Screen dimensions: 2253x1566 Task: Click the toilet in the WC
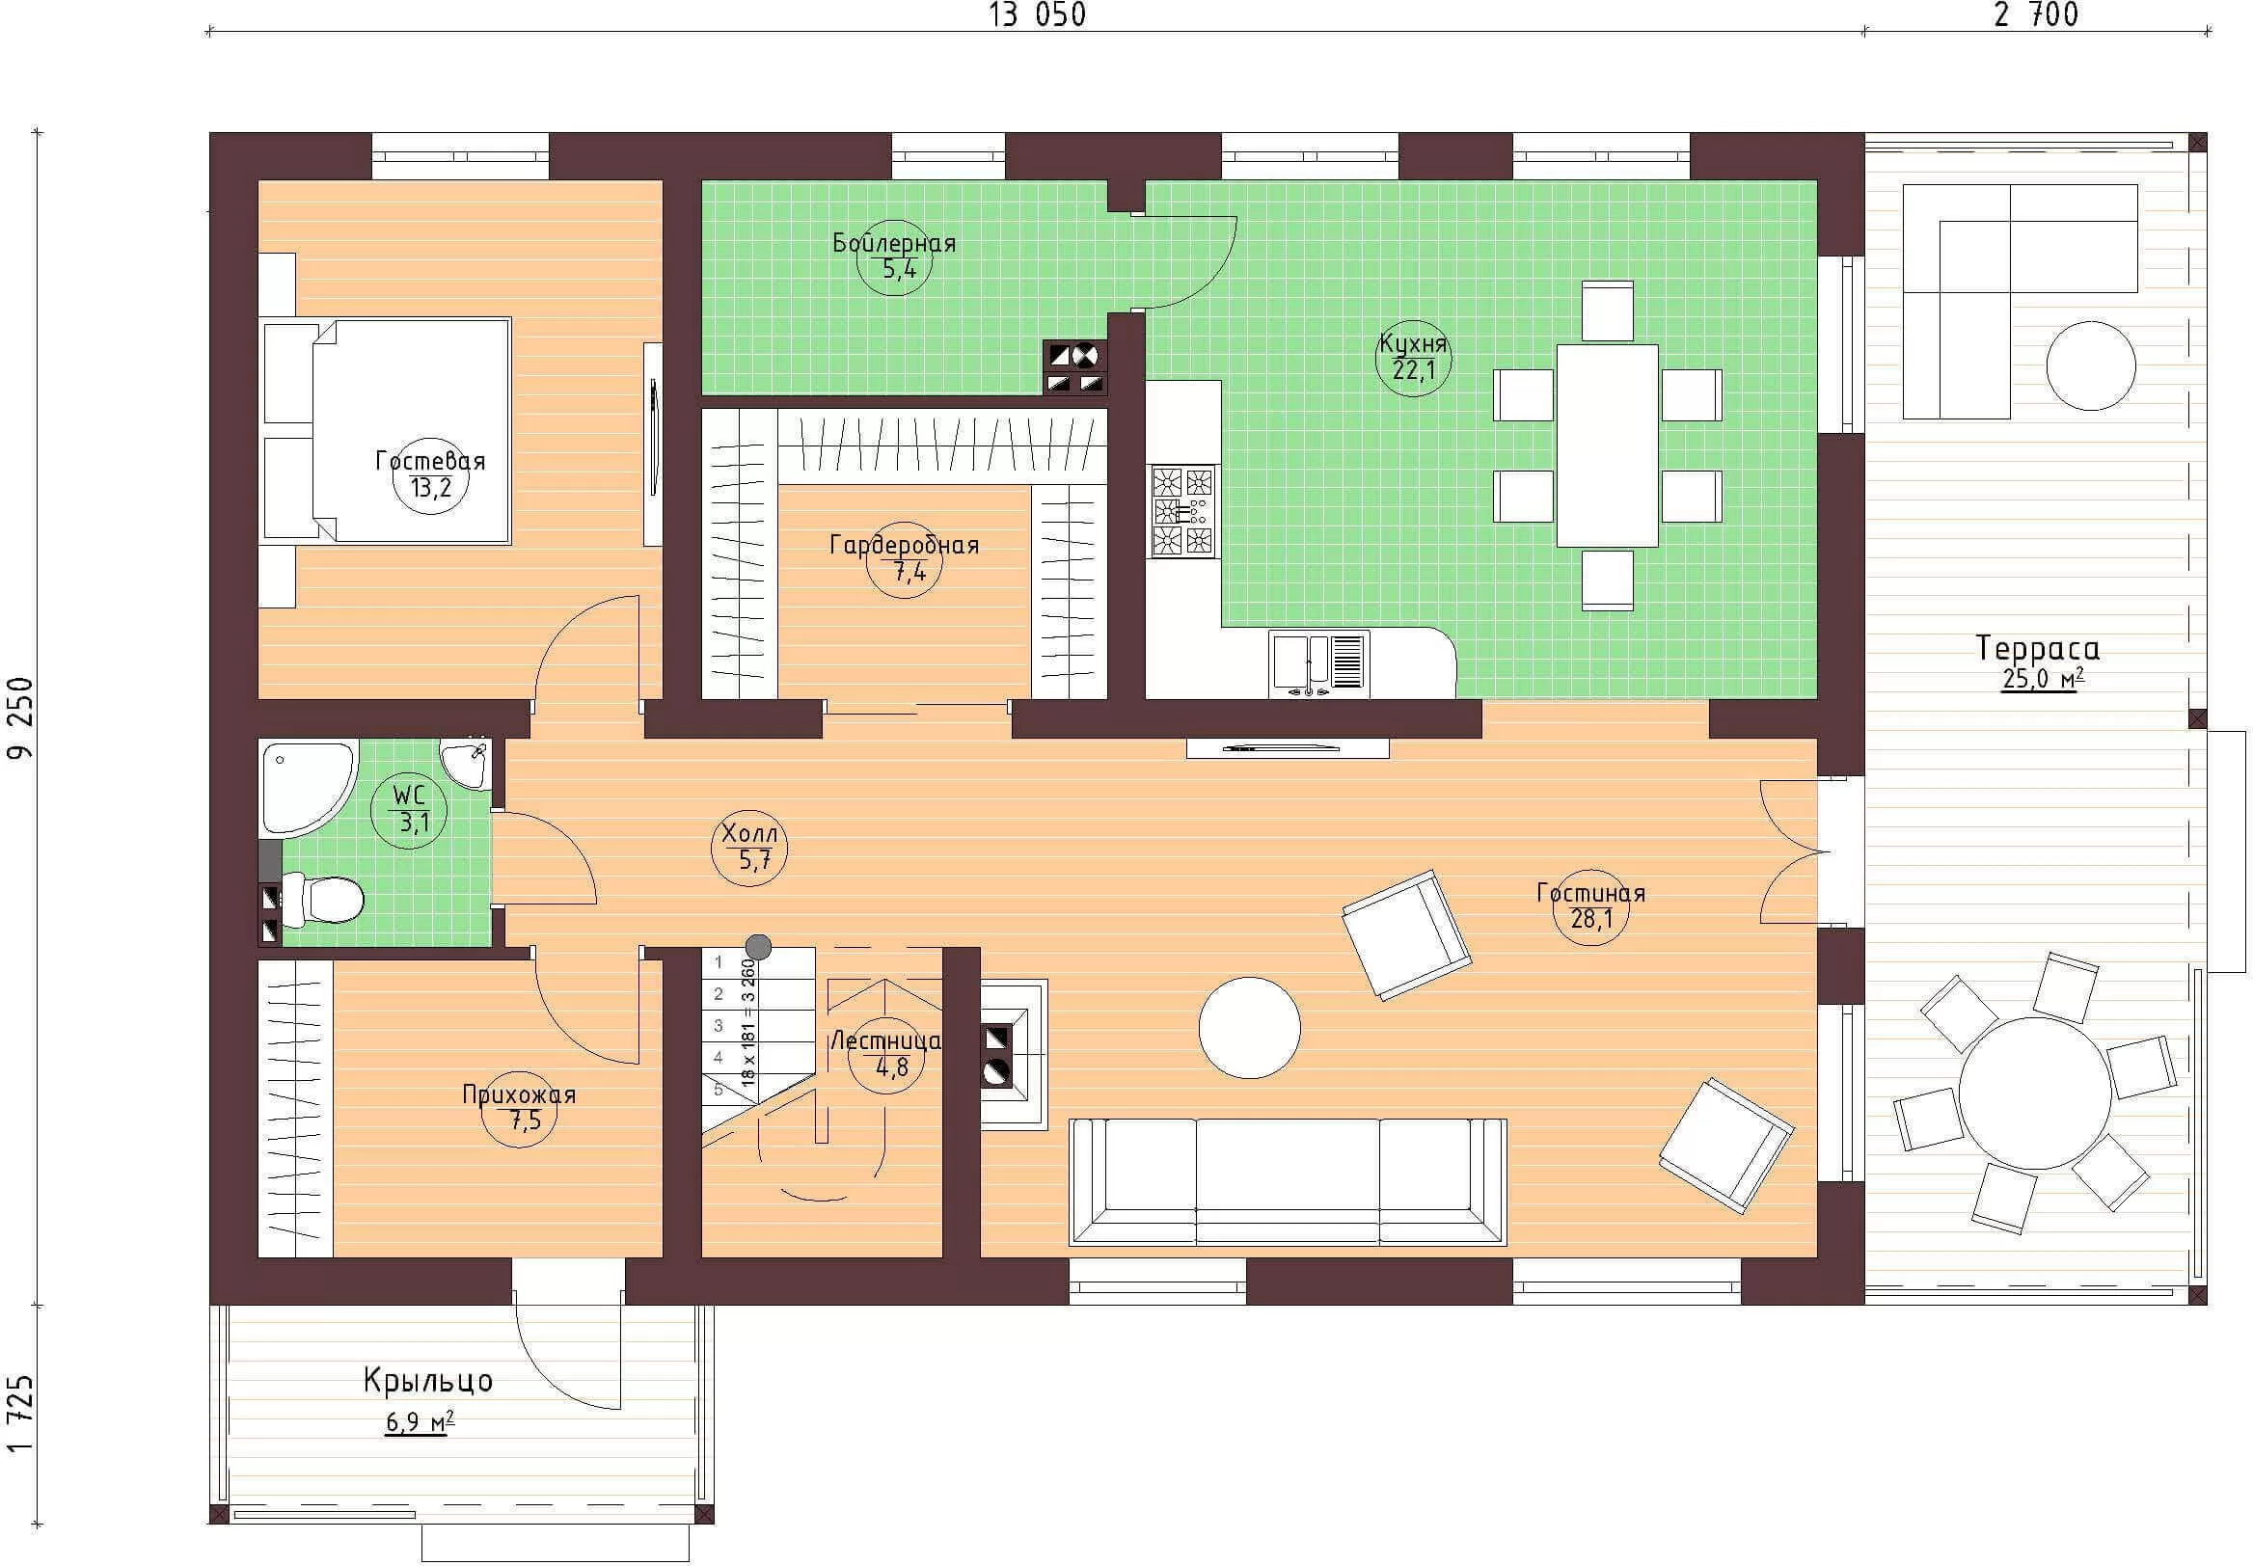coord(324,899)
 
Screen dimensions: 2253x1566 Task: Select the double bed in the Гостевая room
coord(387,431)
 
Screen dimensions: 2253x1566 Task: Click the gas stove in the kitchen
coord(1182,512)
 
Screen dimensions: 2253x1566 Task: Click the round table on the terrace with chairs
coord(2035,1093)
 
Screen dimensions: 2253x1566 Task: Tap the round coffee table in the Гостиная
coord(1249,1027)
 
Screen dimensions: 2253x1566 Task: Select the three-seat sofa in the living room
coord(1288,1181)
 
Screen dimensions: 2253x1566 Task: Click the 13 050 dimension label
coord(1037,14)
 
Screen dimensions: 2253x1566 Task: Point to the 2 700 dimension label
coord(2036,14)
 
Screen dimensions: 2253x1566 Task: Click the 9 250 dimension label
coord(20,717)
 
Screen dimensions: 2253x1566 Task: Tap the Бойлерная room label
coord(894,242)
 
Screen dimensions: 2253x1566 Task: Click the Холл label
coord(749,834)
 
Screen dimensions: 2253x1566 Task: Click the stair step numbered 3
coord(719,1026)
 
